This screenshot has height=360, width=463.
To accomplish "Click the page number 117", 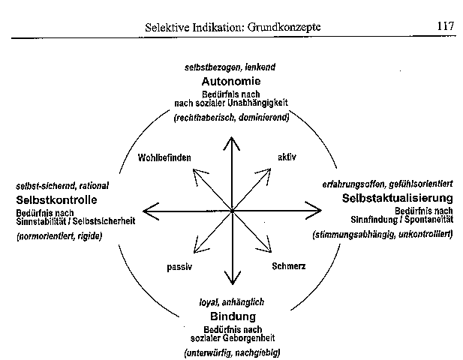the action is coord(446,26).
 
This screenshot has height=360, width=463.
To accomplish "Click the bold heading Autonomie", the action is coord(231,81).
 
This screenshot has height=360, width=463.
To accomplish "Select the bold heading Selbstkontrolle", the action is coord(56,199).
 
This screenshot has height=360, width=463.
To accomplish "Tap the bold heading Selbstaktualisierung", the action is coord(398,198).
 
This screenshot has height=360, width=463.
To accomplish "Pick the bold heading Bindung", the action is coord(233,316).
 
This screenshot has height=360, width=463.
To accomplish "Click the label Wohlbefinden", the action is coord(164,157).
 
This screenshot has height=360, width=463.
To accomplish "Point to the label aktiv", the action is coord(287,157).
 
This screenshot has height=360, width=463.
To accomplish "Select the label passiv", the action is coord(179,267).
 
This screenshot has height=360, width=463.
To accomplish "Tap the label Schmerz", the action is coord(289,266).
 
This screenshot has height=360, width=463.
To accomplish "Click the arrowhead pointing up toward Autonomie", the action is coord(232,138).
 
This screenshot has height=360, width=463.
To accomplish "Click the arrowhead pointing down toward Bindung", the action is coord(233,283).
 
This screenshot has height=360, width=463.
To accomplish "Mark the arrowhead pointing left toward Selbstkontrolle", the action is coord(145,211).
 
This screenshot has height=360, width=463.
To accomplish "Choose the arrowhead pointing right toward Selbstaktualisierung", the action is coord(320,211).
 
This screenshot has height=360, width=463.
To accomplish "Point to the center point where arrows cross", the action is coord(232,211).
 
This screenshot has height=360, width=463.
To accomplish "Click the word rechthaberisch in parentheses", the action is coord(205,118).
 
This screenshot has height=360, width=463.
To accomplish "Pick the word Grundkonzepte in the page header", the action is coord(284,27).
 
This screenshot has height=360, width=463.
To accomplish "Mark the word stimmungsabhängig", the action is coord(353,235).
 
